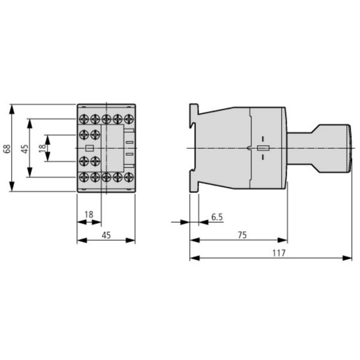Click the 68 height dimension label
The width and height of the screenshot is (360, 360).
pos(7,148)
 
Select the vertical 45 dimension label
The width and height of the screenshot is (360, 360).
pos(25,148)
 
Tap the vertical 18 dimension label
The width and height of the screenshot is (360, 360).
pos(41,148)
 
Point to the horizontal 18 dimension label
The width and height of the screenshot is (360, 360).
pos(89,214)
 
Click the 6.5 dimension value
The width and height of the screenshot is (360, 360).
pos(217,217)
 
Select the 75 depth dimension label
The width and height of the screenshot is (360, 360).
pos(242,235)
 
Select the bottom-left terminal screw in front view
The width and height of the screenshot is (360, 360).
pos(84,178)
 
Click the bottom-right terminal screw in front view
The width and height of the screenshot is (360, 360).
pos(128,178)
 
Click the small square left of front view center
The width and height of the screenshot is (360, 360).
pos(89,148)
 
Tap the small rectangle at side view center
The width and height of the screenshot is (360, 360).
pos(262,148)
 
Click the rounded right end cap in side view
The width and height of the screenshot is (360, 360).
pos(347,148)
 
